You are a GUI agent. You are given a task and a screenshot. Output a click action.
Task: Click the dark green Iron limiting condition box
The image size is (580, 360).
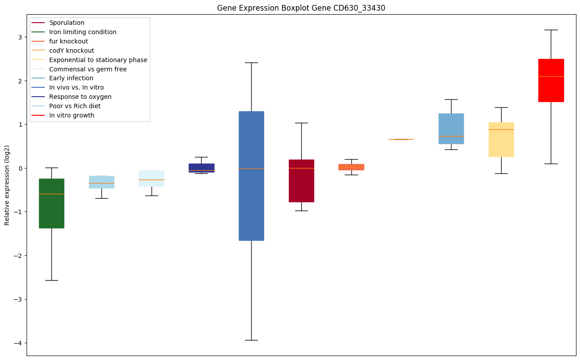click(x=51, y=203)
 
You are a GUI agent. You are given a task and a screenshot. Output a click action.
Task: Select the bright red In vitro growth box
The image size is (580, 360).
click(x=551, y=80)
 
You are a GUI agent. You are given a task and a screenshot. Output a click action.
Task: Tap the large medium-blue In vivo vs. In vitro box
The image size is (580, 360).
click(x=251, y=176)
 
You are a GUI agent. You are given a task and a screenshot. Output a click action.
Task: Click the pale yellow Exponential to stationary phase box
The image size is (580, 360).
click(x=501, y=139)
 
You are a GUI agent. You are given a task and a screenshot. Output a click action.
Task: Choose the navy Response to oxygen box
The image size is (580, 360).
click(x=201, y=168)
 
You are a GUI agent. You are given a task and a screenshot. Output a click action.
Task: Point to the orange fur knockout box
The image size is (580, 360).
click(x=351, y=167)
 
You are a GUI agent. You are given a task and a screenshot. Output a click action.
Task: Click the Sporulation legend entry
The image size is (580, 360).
click(x=66, y=23)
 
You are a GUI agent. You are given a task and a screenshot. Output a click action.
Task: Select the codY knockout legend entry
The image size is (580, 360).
click(x=71, y=51)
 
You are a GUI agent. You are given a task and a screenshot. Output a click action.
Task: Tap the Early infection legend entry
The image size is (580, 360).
click(x=71, y=78)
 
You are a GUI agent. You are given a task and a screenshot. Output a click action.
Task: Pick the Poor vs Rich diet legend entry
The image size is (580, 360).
click(x=74, y=106)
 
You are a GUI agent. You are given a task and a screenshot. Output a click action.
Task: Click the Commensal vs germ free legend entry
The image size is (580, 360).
click(x=88, y=69)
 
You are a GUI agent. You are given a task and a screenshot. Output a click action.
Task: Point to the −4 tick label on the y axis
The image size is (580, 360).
click(x=18, y=343)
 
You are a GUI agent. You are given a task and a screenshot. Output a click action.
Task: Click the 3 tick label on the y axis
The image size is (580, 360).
click(x=20, y=37)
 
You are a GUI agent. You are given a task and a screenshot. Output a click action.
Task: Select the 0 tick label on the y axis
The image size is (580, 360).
click(x=20, y=168)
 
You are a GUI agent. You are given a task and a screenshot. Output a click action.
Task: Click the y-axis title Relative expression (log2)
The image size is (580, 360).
click(x=7, y=185)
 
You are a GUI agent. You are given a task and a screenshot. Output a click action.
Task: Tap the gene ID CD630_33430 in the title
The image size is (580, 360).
click(x=353, y=8)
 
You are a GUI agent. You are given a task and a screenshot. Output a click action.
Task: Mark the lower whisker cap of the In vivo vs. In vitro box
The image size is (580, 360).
click(x=251, y=340)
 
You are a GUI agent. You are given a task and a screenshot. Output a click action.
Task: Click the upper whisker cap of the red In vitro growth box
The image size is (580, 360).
click(x=551, y=30)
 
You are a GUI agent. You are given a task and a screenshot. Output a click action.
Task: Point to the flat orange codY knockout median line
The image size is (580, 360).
click(x=401, y=139)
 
